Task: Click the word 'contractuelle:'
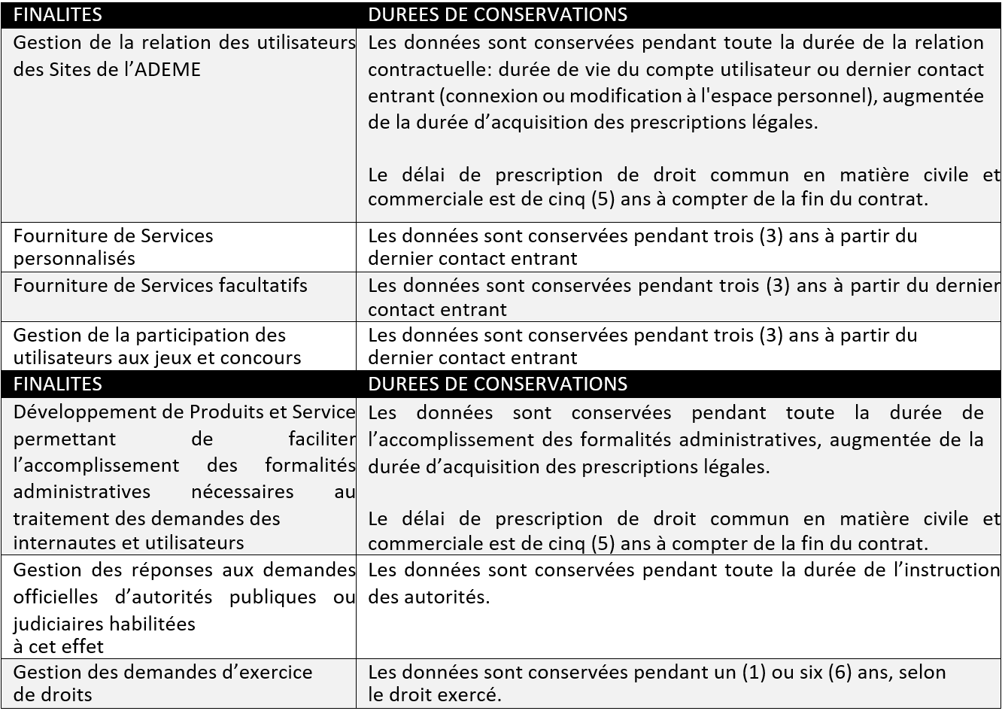(x=422, y=70)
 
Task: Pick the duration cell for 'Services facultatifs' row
(x=677, y=297)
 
